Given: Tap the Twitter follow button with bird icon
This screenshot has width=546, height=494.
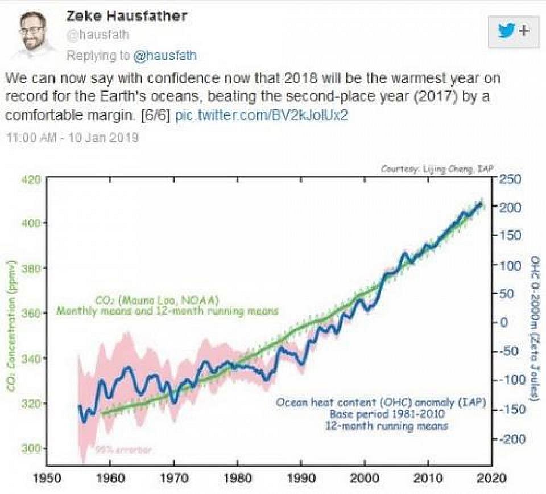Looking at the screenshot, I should [514, 31].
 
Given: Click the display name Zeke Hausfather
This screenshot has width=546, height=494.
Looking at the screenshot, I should [127, 15].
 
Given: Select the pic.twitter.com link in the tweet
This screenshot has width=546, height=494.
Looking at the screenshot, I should [261, 114].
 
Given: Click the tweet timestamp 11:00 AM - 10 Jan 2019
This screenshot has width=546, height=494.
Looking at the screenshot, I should [72, 138].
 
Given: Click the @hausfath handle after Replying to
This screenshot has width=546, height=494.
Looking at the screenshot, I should [165, 56].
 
